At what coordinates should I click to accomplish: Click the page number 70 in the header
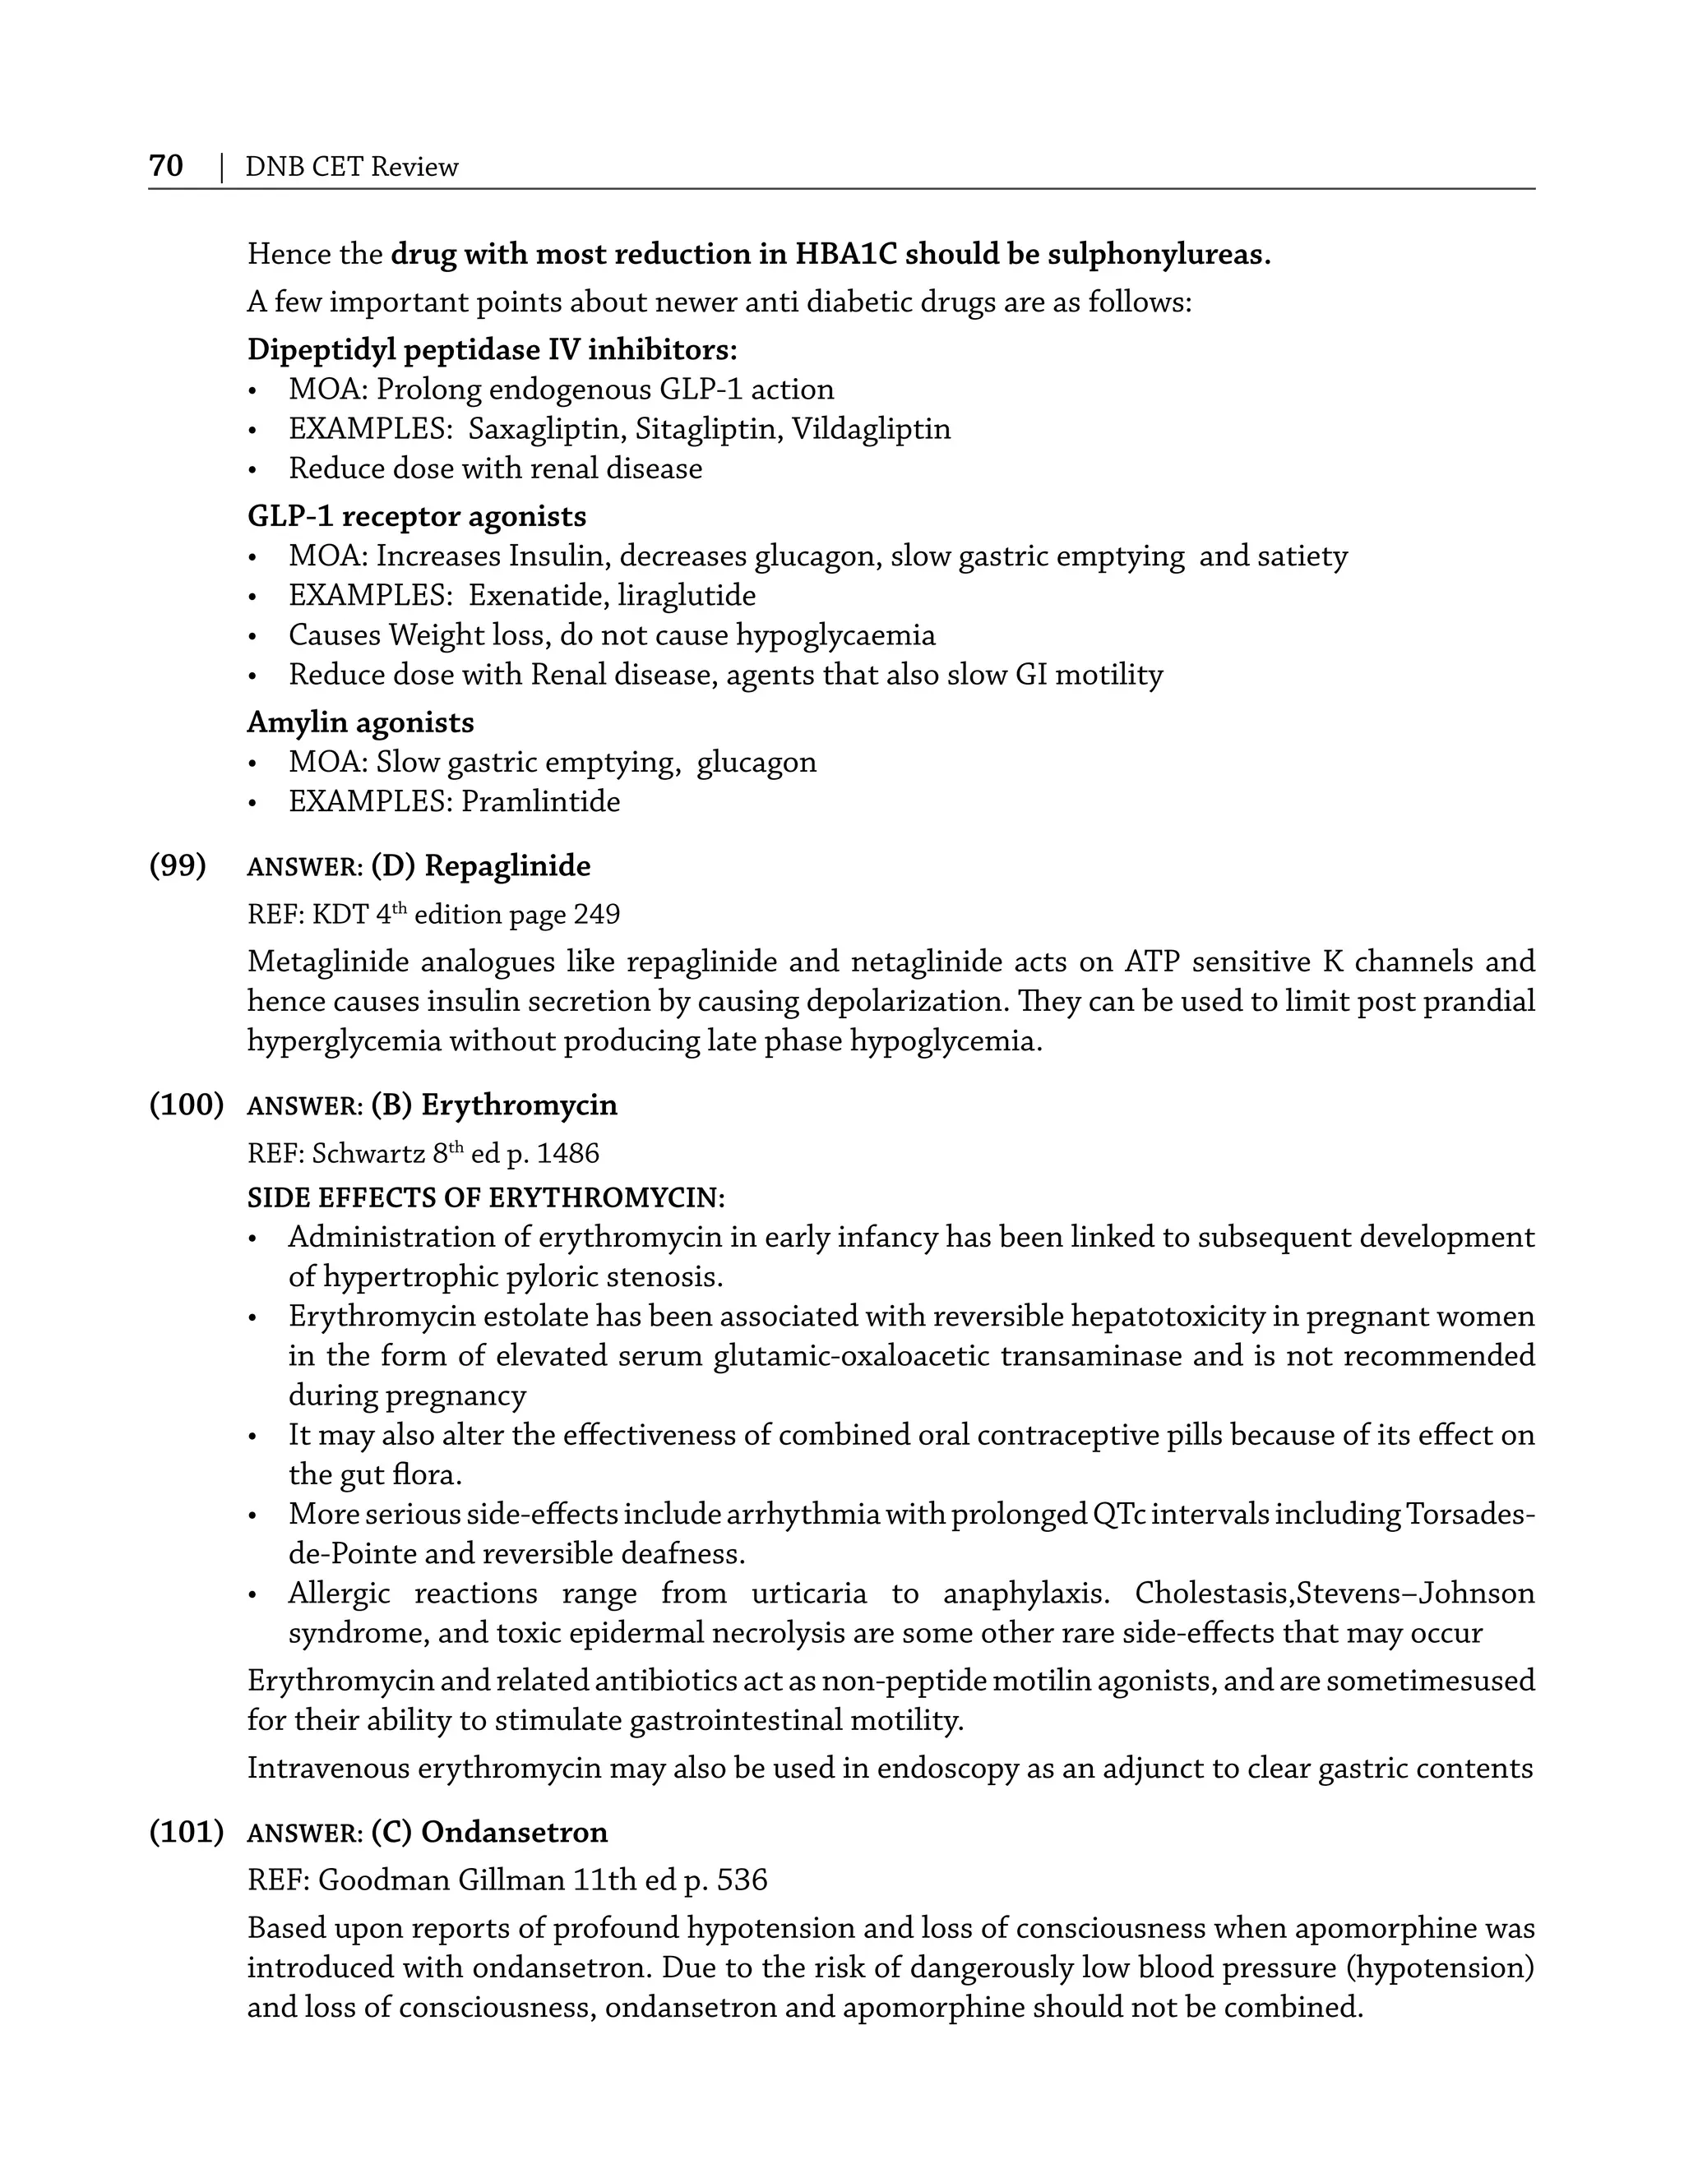pos(166,166)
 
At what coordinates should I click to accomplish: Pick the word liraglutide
pos(687,596)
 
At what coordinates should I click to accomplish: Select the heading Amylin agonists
pos(361,722)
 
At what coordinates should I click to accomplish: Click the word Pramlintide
pos(539,801)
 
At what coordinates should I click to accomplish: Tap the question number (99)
pos(178,865)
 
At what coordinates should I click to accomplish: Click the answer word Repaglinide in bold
pos(507,865)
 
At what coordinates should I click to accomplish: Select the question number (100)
pos(186,1105)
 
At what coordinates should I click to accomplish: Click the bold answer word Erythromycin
pos(519,1105)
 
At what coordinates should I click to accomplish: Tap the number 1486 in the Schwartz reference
pos(567,1154)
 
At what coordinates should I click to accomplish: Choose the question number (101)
pos(186,1833)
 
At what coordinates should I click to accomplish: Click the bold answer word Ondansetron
pos(514,1833)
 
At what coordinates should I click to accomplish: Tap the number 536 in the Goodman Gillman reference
pos(742,1880)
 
